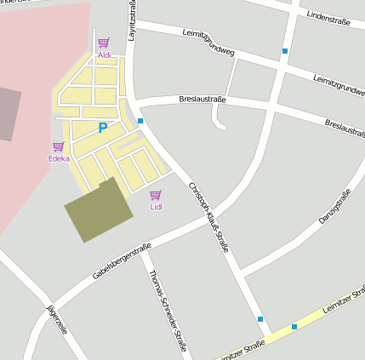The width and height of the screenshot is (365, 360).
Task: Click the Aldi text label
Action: click(104, 55)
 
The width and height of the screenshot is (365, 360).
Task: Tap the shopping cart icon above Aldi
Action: click(104, 43)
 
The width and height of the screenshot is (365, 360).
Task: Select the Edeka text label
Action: click(59, 158)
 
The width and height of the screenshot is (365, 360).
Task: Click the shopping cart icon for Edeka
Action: click(58, 146)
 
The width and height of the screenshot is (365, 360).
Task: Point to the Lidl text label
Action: click(156, 207)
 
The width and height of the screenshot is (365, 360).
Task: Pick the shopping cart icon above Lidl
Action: click(156, 195)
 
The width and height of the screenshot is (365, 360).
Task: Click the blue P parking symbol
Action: click(103, 129)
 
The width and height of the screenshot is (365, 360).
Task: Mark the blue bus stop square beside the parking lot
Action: click(140, 121)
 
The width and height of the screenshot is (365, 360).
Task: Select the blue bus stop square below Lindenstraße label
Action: click(285, 51)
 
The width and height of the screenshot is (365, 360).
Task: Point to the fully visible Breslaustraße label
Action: click(202, 100)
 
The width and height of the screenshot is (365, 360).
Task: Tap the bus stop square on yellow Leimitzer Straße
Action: click(294, 327)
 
